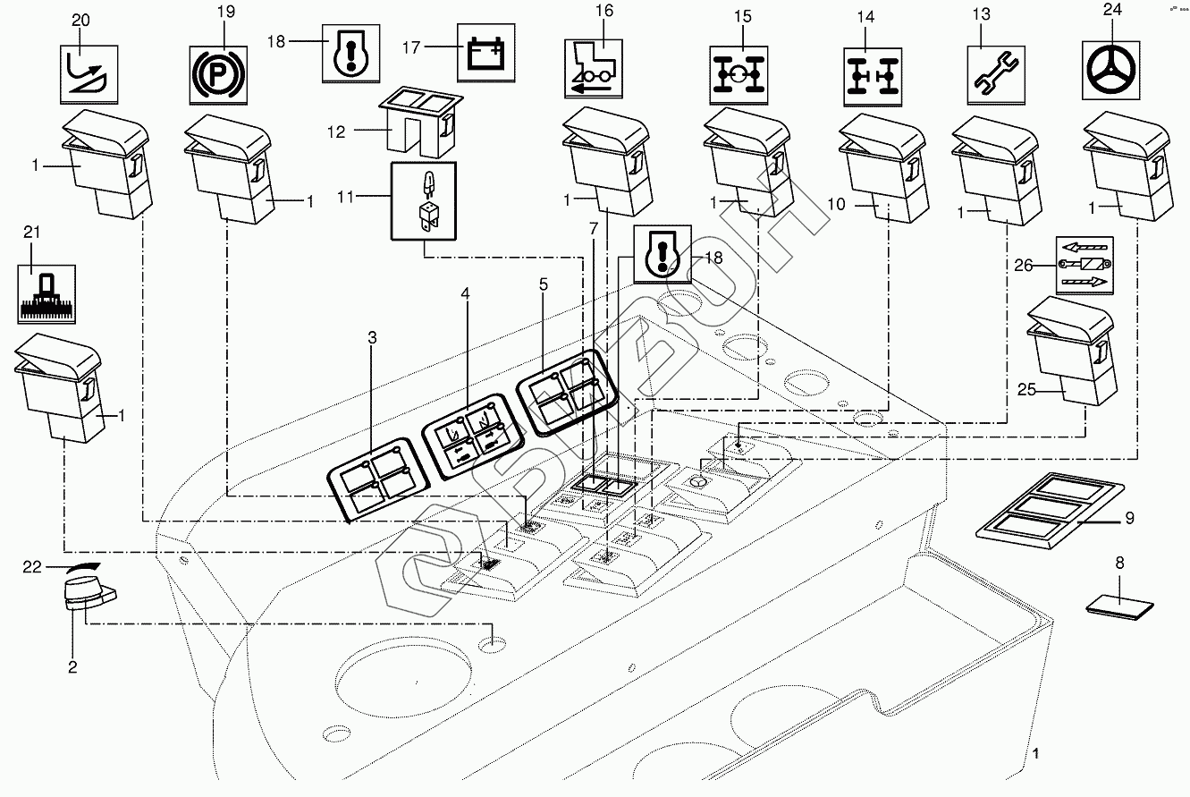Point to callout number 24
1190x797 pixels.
pos(1111,12)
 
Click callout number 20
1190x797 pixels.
pos(80,20)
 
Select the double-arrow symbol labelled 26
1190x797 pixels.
pos(1082,266)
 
